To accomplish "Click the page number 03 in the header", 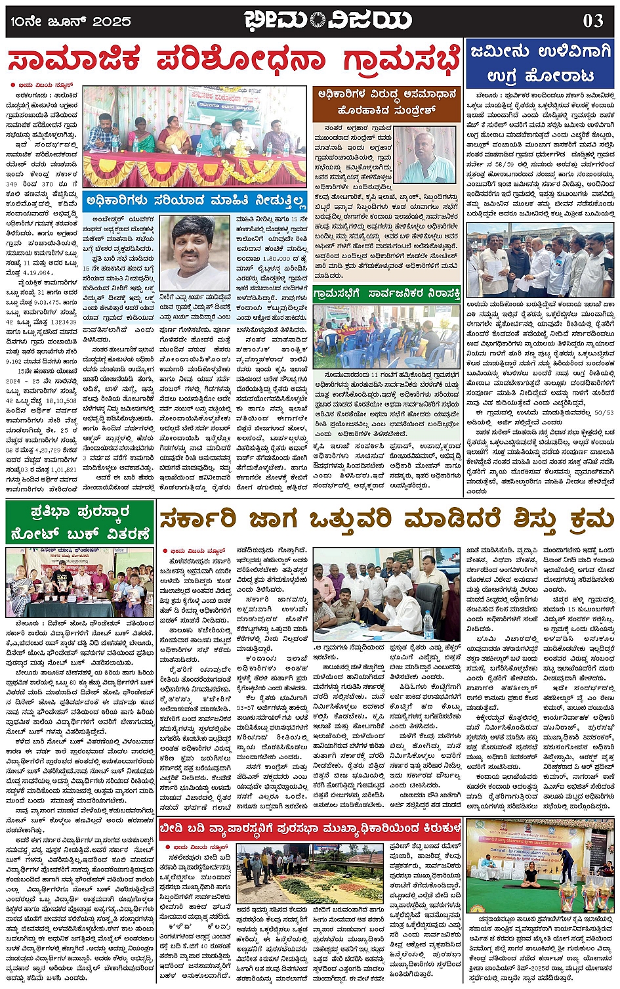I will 592,20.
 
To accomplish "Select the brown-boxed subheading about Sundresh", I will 386,103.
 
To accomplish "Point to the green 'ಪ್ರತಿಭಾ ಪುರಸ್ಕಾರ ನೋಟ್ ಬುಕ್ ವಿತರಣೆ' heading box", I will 79,522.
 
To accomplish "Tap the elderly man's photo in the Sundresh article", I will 425,156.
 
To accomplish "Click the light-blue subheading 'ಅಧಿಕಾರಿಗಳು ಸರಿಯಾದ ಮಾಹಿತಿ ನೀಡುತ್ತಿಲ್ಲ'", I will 195,200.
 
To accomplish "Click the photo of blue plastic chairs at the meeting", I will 386,337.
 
